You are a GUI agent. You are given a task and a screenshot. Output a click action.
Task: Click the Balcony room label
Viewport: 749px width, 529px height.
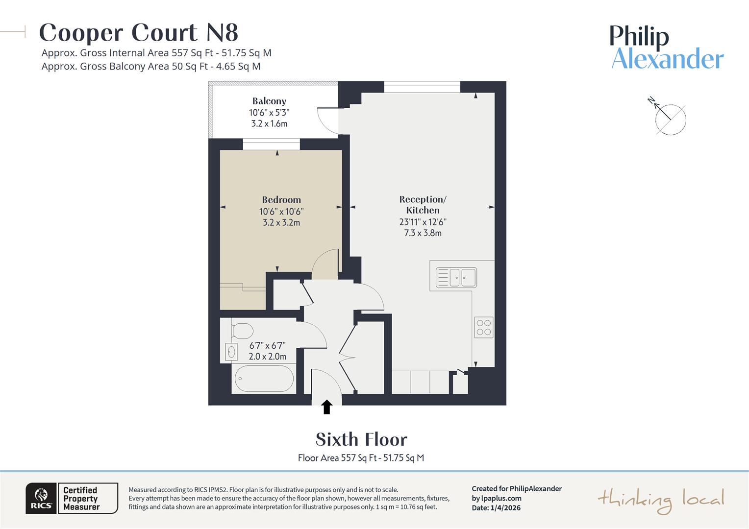click(x=269, y=101)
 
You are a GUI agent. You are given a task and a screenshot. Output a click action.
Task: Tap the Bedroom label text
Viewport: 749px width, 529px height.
click(x=281, y=200)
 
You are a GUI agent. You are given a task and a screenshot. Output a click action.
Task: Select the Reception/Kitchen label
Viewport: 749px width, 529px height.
click(x=423, y=205)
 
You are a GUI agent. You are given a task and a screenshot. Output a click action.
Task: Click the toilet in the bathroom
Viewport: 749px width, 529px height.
click(x=241, y=331)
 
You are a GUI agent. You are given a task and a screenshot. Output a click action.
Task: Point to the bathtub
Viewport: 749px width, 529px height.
click(x=264, y=379)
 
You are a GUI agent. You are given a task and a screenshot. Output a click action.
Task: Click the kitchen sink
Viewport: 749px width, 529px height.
click(x=456, y=278)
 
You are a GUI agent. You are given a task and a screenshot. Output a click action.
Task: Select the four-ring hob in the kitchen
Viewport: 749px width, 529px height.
click(x=484, y=327)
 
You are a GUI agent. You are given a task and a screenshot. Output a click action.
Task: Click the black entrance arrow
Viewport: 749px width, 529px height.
click(x=327, y=407)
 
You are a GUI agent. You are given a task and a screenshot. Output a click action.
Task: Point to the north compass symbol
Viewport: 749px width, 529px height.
click(x=669, y=118)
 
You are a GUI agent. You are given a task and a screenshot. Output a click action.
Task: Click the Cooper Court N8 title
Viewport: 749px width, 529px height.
click(x=139, y=33)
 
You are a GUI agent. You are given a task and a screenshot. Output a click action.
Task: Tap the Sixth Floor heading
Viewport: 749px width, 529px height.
click(x=361, y=439)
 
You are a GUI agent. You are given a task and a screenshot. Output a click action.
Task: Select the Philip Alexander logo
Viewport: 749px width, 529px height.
click(x=667, y=48)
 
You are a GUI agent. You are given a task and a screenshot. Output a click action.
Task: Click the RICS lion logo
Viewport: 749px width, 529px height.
click(x=41, y=498)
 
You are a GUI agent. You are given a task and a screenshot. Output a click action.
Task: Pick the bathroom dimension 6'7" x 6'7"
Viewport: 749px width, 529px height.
click(x=267, y=345)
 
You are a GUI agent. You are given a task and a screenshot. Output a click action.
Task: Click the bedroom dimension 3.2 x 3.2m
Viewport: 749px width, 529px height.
click(x=281, y=222)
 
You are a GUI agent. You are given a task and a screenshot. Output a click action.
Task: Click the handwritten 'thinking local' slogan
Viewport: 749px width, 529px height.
click(x=661, y=500)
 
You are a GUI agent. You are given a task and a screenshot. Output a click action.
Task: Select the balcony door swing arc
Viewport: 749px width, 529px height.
click(x=326, y=120)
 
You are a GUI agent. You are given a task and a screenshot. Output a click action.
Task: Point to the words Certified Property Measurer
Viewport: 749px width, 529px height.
click(x=81, y=498)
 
